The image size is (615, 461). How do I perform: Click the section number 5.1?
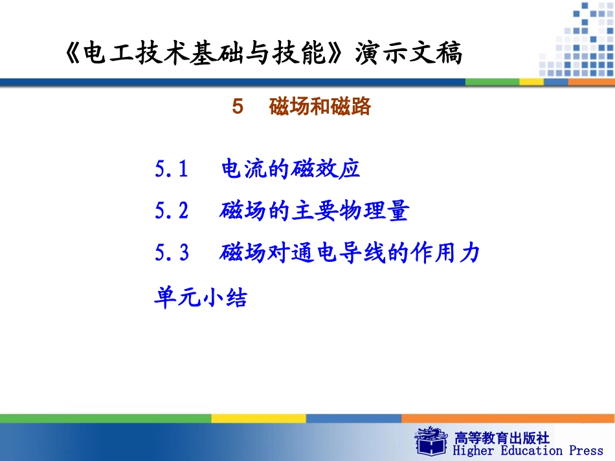172,169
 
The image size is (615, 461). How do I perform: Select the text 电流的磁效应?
290,169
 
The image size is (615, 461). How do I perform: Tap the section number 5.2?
172,211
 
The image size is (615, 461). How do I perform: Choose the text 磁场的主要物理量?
314,211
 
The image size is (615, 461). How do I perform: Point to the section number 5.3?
172,252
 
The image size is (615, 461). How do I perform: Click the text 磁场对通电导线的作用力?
350,252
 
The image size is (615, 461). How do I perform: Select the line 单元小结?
201,298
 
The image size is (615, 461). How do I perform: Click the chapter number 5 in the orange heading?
238,107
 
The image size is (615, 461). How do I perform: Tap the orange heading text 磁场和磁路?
320,107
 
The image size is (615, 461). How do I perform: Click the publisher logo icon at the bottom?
432,441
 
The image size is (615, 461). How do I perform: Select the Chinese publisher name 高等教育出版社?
502,437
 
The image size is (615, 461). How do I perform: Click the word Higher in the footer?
474,451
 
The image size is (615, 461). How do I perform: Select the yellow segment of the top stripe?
531,82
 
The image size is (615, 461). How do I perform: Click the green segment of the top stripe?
492,82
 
